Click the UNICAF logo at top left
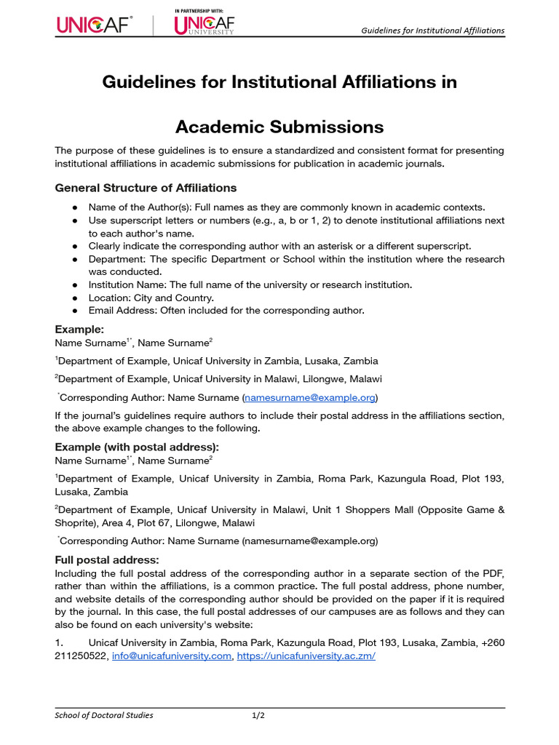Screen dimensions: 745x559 click(95, 25)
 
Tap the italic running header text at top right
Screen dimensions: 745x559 click(433, 31)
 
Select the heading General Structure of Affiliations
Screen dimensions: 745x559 click(146, 188)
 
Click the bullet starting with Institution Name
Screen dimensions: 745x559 click(250, 284)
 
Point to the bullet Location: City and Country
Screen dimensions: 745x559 click(151, 298)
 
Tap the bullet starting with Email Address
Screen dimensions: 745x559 click(226, 311)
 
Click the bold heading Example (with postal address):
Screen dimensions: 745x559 click(137, 447)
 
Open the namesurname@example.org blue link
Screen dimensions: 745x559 click(311, 398)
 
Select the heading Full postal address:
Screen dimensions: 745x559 click(107, 559)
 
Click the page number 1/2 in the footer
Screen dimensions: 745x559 click(258, 715)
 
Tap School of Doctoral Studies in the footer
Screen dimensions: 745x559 click(104, 715)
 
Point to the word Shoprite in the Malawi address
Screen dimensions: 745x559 click(76, 523)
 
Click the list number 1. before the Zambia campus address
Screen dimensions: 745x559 click(60, 642)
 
